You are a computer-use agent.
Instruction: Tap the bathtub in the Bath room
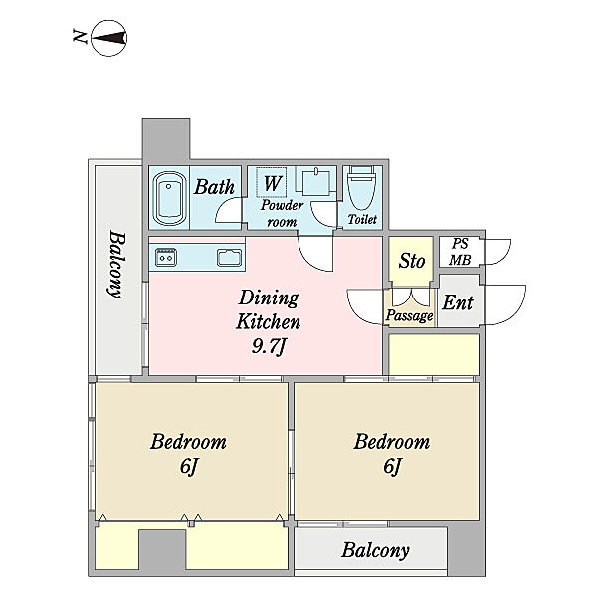tap(169, 198)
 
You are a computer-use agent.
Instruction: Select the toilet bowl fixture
tap(362, 188)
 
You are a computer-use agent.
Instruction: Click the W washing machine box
tap(271, 182)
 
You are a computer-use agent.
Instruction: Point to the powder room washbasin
tap(316, 182)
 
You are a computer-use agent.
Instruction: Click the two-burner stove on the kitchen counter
tap(166, 257)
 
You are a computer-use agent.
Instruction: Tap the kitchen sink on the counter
tap(229, 257)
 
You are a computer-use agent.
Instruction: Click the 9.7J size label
tap(269, 346)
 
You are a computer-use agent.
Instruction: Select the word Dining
tap(269, 298)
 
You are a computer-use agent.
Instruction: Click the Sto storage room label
tap(412, 261)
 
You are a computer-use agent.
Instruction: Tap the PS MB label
tap(460, 252)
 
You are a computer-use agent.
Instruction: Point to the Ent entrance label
tap(458, 302)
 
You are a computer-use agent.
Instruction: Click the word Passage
tap(409, 315)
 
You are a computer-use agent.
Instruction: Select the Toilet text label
tap(362, 219)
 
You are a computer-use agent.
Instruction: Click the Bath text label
tap(214, 187)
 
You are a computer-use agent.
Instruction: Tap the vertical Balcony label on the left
tap(116, 265)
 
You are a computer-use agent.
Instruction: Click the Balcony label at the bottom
tap(375, 550)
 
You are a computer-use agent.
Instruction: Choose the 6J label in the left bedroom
tap(189, 466)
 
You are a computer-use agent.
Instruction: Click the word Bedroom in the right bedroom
tap(392, 441)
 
